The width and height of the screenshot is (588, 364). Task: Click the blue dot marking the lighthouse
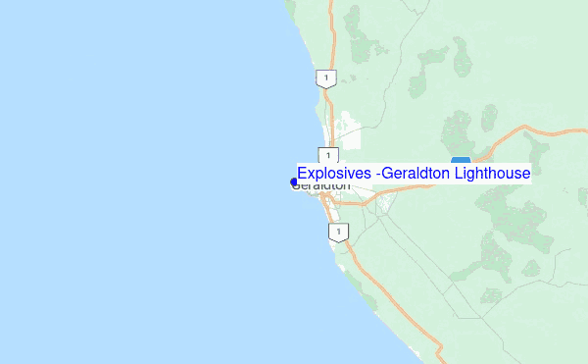[294, 182]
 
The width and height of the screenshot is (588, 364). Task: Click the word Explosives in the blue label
[333, 173]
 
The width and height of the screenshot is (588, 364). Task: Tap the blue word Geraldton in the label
[410, 173]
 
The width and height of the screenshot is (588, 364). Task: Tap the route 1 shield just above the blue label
[328, 155]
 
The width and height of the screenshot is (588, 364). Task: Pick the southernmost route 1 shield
[338, 233]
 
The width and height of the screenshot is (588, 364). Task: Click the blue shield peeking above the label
[461, 159]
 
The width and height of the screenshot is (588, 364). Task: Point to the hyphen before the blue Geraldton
[376, 174]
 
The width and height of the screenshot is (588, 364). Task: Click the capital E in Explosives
[303, 173]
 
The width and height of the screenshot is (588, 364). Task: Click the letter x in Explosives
[313, 174]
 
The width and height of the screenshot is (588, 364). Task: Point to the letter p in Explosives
[320, 175]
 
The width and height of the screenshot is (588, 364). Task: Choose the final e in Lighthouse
[526, 174]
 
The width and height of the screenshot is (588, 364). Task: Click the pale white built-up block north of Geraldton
[348, 132]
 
